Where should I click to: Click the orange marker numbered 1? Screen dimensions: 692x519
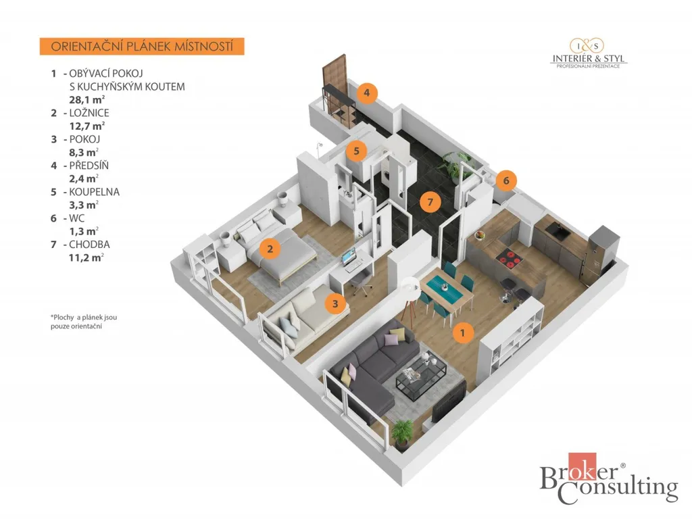coord(462,332)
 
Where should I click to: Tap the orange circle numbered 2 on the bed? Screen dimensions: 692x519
coord(270,249)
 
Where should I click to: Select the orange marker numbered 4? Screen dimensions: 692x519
coord(367,93)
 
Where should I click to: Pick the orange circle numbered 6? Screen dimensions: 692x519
coord(506,180)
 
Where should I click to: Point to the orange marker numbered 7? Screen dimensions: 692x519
coord(430,202)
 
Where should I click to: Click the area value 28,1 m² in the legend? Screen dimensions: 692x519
coord(86,100)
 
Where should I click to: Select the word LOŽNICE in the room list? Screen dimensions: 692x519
coord(89,113)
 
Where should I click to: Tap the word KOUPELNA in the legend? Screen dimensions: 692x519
coord(95,192)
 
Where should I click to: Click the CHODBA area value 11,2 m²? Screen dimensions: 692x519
coord(86,257)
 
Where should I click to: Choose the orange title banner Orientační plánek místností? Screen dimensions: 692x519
coord(142,47)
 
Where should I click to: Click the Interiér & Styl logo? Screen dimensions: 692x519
coord(589,53)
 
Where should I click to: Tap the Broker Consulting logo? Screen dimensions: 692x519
coord(609,479)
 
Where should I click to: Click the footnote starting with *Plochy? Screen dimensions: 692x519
coord(84,322)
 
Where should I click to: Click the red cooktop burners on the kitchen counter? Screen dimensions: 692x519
coord(509,259)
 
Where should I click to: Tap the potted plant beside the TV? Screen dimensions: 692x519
coord(403,434)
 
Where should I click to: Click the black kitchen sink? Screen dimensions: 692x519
coord(558,230)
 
